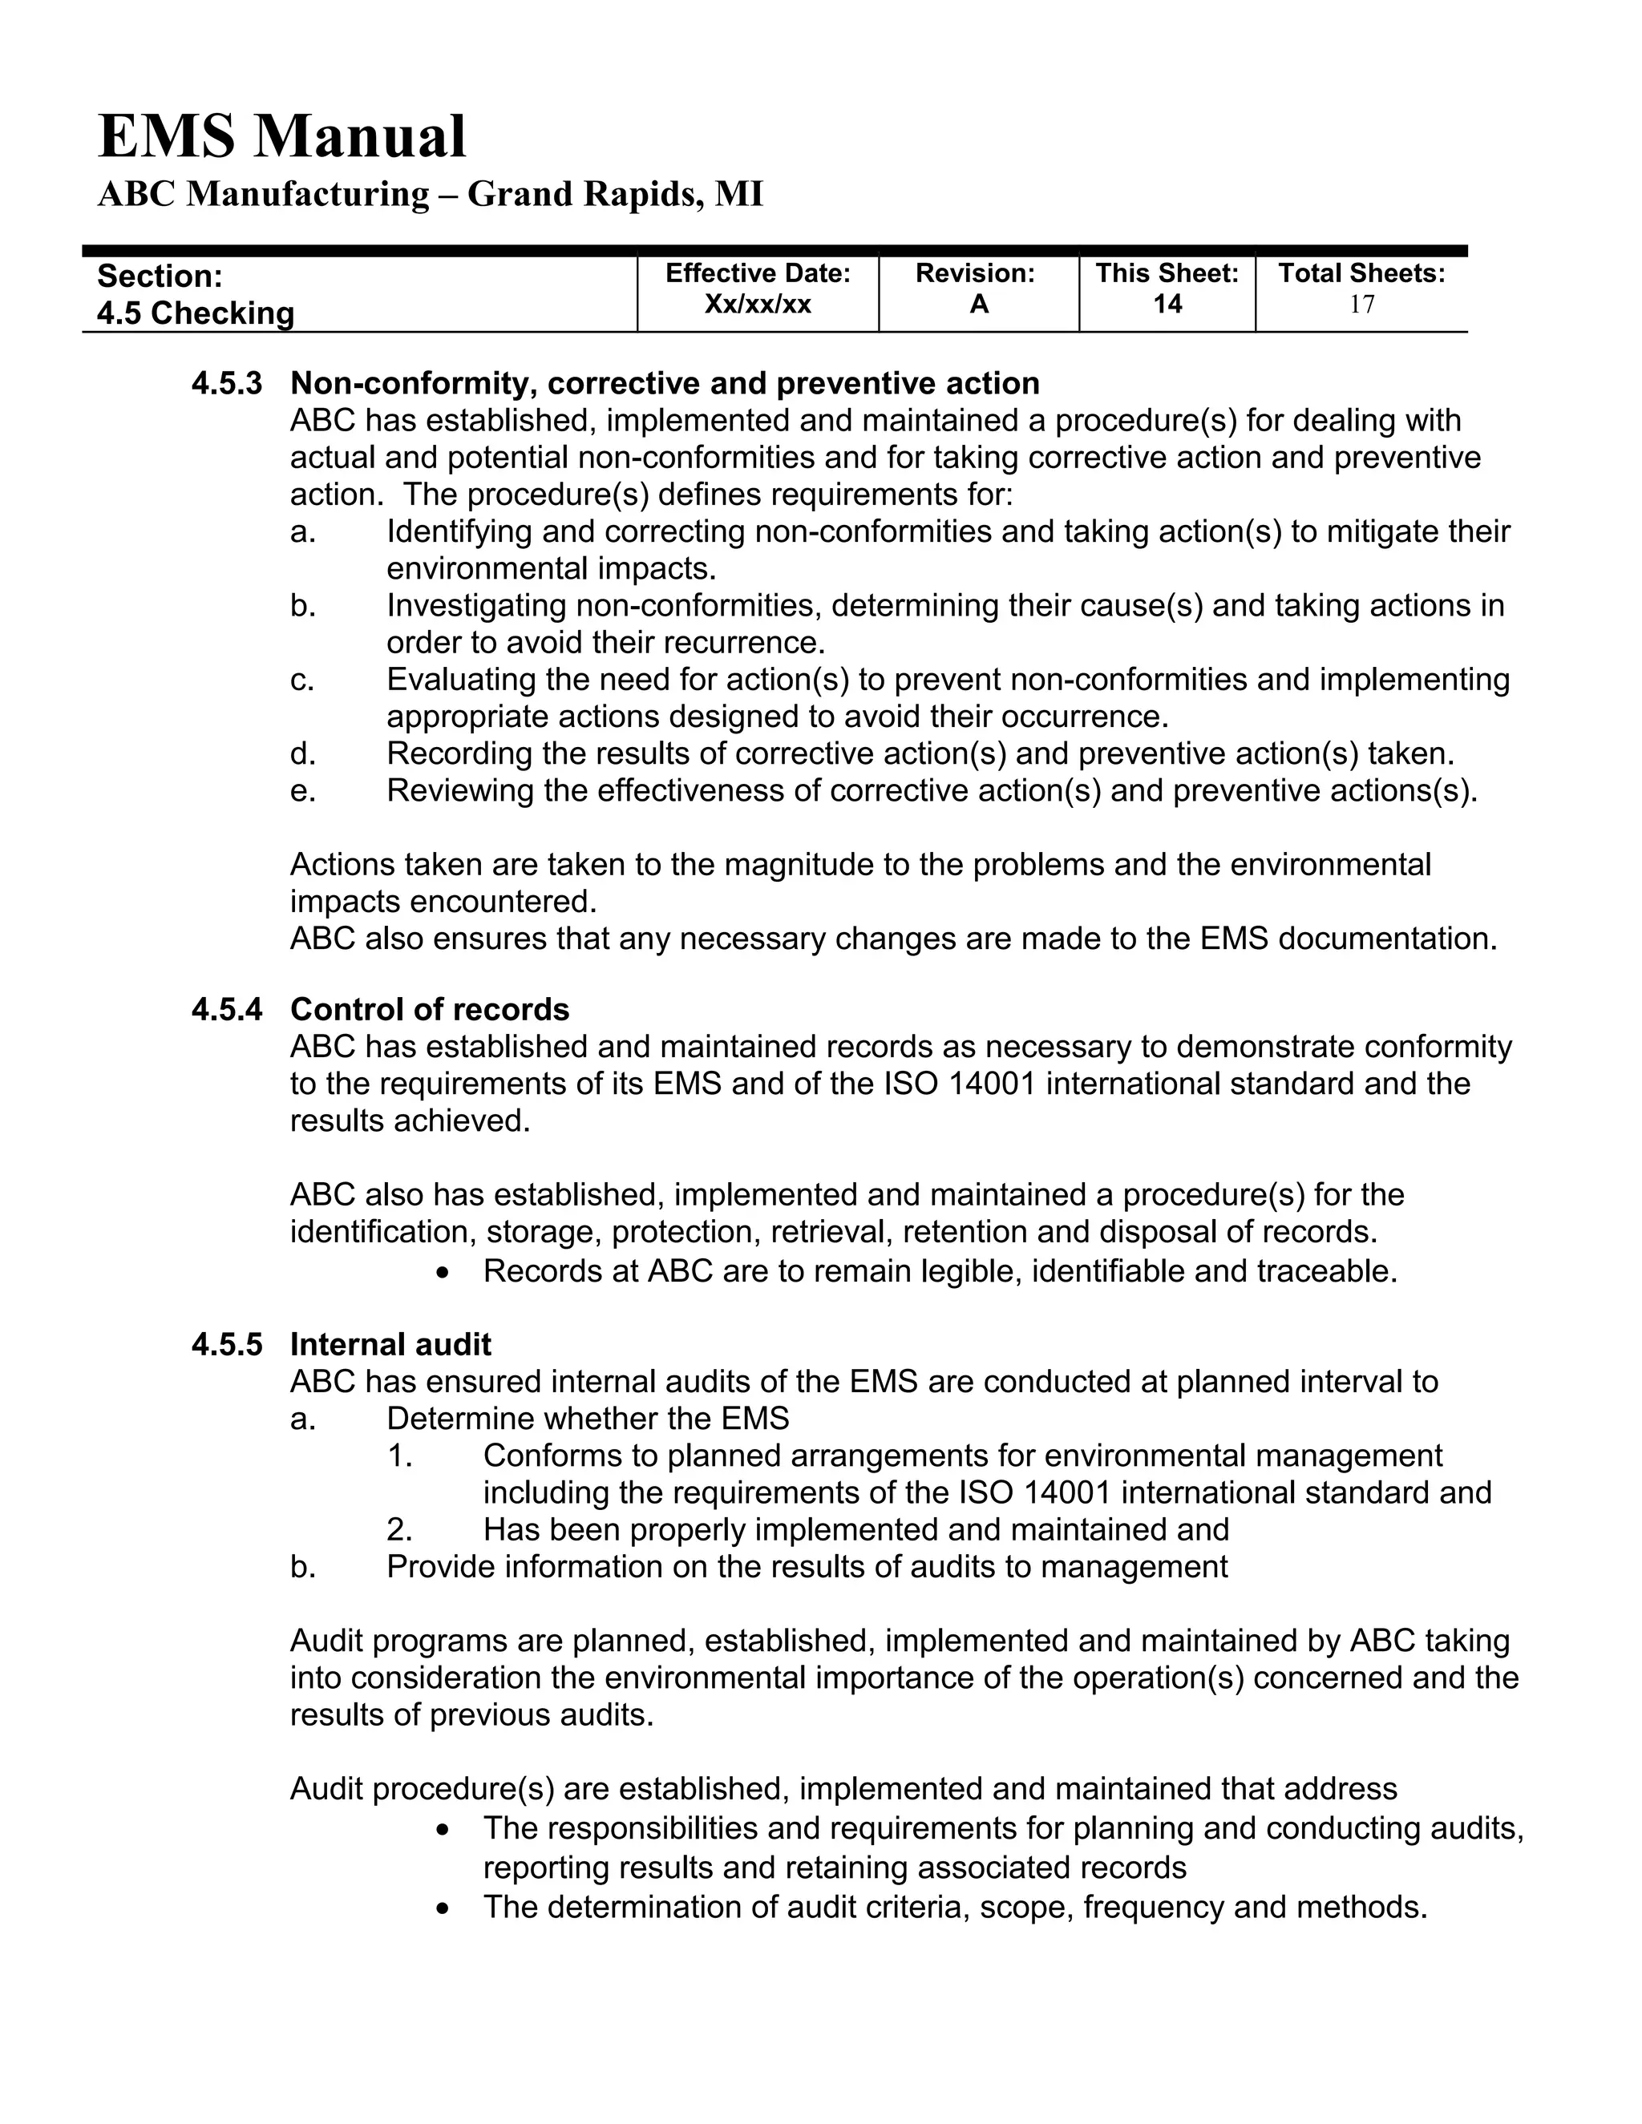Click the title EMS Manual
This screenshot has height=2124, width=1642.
point(282,136)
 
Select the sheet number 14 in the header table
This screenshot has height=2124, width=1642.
point(1167,305)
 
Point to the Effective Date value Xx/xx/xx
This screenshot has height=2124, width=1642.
point(757,305)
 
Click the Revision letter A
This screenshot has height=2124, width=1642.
point(979,305)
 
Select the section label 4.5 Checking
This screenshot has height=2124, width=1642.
point(196,313)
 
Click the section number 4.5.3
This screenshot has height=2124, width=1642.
point(227,383)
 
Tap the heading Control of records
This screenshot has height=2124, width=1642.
point(429,1009)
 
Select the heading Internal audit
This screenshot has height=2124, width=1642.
point(390,1344)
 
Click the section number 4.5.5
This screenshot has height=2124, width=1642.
point(227,1344)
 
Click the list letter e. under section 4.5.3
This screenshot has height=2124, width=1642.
point(302,790)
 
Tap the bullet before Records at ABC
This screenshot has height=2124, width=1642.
point(443,1272)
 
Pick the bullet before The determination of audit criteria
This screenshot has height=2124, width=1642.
point(443,1908)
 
